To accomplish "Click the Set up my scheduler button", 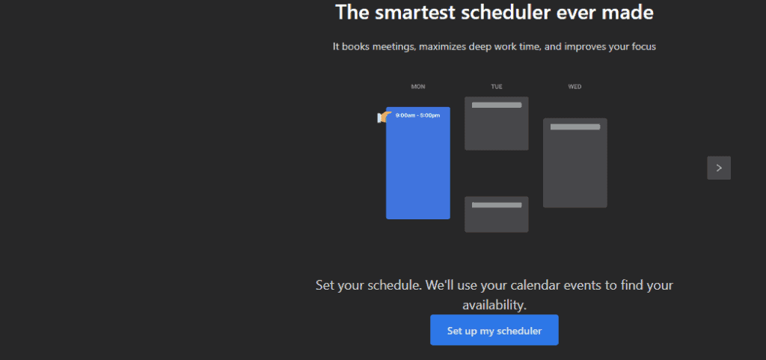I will tap(494, 330).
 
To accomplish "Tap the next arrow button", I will tap(719, 168).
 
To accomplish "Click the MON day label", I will tap(418, 87).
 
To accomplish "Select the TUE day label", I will tap(497, 87).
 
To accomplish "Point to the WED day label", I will tap(574, 87).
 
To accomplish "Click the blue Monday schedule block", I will tap(418, 172).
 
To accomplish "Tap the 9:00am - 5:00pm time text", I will tap(417, 115).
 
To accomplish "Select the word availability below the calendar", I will tap(494, 305).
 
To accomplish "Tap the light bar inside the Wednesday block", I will tap(574, 127).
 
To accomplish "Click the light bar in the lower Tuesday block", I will tap(497, 205).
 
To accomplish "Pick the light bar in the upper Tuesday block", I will tap(497, 106).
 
